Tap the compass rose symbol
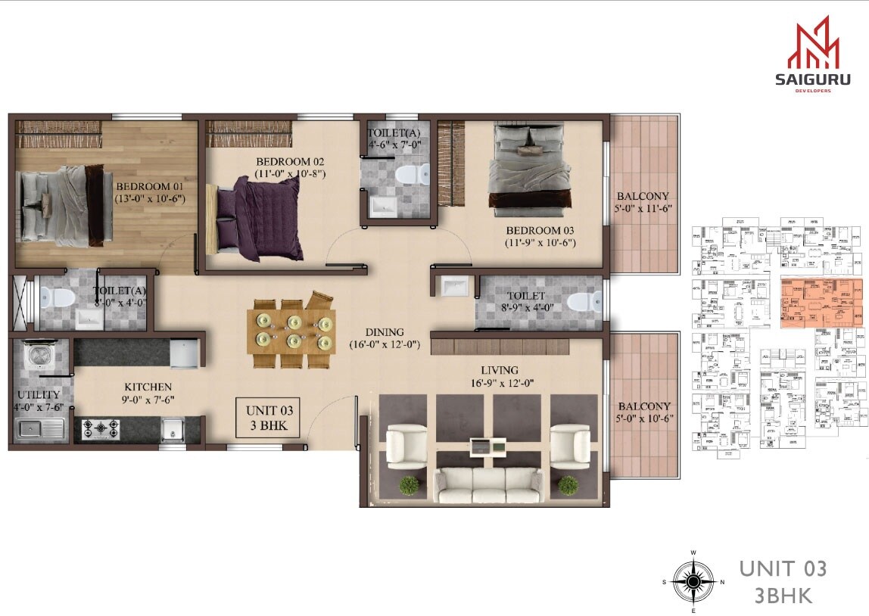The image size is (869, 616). click(693, 581)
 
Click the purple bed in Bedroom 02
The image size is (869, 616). click(261, 218)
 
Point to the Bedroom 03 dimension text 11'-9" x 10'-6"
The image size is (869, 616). click(540, 243)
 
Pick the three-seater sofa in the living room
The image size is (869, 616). click(487, 485)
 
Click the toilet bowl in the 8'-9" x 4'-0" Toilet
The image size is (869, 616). click(581, 303)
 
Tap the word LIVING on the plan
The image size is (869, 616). click(499, 370)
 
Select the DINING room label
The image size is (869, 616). click(385, 331)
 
